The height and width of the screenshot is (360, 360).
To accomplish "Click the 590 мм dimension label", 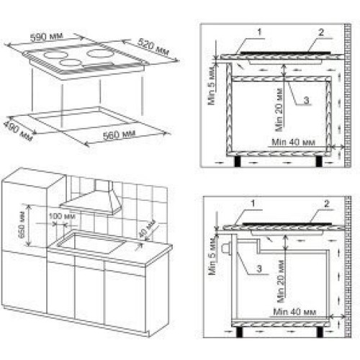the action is click(x=47, y=37).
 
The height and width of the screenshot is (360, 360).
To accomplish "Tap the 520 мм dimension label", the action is click(x=153, y=46).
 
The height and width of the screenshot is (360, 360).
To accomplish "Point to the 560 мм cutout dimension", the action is click(x=120, y=135).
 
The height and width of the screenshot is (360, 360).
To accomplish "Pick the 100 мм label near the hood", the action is click(x=62, y=216).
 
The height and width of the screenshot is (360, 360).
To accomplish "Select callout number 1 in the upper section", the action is click(x=259, y=32).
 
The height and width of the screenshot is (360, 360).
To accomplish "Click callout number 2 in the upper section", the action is click(x=321, y=32).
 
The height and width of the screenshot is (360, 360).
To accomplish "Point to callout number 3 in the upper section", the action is click(x=306, y=100).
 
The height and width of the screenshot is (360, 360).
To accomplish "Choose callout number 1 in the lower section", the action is click(x=253, y=204).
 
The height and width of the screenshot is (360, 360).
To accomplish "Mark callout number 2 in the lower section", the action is click(x=327, y=204).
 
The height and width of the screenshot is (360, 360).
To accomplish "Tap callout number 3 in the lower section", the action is click(x=259, y=269).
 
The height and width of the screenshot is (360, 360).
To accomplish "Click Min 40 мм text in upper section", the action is click(x=293, y=143).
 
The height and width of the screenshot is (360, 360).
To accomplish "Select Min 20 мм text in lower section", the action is click(x=281, y=282).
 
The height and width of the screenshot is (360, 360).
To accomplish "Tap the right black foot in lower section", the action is click(x=320, y=332).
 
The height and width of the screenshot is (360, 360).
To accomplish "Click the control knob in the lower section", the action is click(x=226, y=248).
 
